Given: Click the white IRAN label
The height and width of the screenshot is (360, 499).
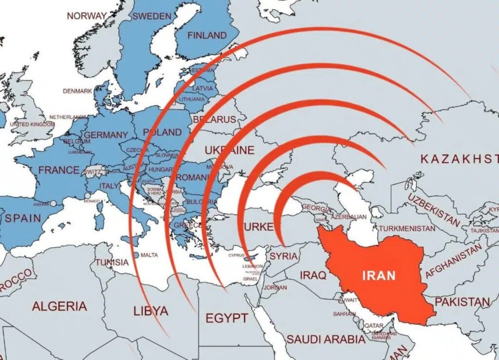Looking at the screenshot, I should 379,275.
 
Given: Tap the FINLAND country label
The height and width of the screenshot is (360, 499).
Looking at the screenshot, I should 207,35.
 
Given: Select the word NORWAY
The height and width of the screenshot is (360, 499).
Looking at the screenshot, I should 87,16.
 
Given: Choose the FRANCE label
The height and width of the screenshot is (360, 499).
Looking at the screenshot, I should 58,170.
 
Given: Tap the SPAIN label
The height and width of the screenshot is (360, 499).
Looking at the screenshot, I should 23,218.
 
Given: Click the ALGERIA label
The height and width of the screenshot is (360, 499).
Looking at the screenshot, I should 59,306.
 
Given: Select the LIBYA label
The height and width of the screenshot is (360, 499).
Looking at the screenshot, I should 151,310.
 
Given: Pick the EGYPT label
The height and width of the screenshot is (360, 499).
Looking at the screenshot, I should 227,318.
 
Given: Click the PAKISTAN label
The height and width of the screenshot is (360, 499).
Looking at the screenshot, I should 462,302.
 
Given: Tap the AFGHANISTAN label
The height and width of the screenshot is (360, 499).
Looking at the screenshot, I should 453,262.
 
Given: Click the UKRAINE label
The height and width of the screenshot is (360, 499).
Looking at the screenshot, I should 229,150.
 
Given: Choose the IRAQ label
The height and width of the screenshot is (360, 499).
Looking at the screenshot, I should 313,275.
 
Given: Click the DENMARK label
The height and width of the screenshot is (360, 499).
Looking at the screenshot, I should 77,91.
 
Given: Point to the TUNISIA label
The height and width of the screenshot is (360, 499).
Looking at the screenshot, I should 112,262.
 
